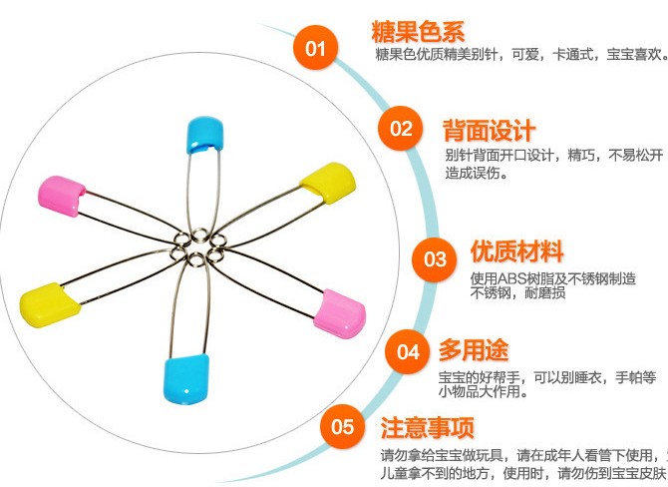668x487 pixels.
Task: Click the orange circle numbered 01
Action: [x=315, y=49]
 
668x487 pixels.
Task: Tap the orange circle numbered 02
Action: [x=401, y=129]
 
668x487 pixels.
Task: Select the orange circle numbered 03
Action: [x=436, y=258]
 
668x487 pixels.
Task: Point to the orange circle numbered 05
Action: [x=343, y=427]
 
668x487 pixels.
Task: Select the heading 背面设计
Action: [x=489, y=130]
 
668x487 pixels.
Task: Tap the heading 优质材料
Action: [x=517, y=251]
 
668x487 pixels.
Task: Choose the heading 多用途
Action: [x=474, y=350]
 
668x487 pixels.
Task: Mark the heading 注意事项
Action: [x=427, y=428]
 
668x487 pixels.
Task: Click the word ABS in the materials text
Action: [x=511, y=278]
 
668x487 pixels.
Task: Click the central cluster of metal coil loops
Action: [x=200, y=243]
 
